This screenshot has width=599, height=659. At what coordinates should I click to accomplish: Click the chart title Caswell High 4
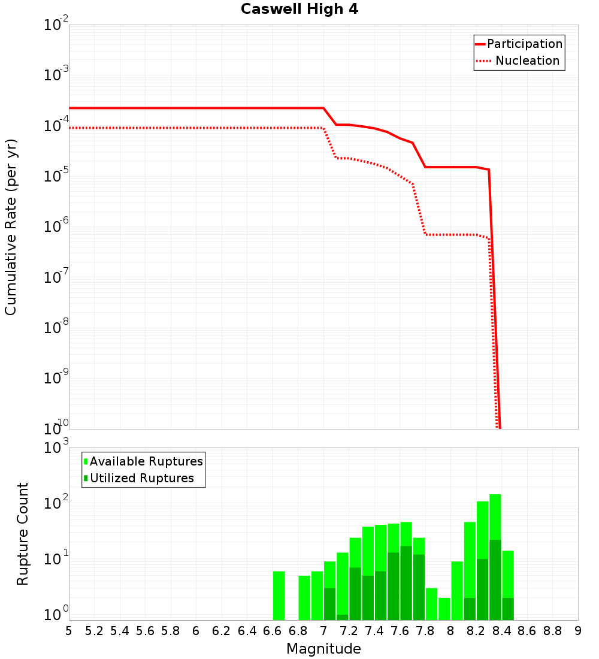click(x=299, y=10)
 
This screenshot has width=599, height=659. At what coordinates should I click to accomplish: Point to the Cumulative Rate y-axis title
click(x=11, y=226)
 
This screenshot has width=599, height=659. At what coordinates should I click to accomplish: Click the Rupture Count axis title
click(x=23, y=534)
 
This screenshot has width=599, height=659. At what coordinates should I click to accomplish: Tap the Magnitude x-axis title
click(x=323, y=649)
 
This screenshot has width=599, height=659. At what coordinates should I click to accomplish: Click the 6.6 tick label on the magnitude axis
click(x=273, y=631)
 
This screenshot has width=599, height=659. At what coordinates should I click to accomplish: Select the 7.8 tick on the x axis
click(x=425, y=631)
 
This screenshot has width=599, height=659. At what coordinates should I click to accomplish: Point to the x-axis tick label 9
click(x=578, y=631)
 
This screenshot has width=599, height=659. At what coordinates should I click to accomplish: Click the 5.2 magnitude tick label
click(x=94, y=631)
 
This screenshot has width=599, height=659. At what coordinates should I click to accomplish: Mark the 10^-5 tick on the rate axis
click(x=56, y=176)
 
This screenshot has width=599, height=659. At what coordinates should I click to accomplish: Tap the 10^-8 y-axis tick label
click(x=56, y=328)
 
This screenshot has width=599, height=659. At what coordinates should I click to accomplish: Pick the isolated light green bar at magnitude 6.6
click(x=279, y=595)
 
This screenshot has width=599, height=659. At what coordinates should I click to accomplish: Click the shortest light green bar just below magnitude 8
click(x=444, y=608)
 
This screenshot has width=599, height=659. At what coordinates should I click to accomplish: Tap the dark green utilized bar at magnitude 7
click(x=329, y=604)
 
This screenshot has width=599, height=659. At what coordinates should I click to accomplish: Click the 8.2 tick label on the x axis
click(x=476, y=631)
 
